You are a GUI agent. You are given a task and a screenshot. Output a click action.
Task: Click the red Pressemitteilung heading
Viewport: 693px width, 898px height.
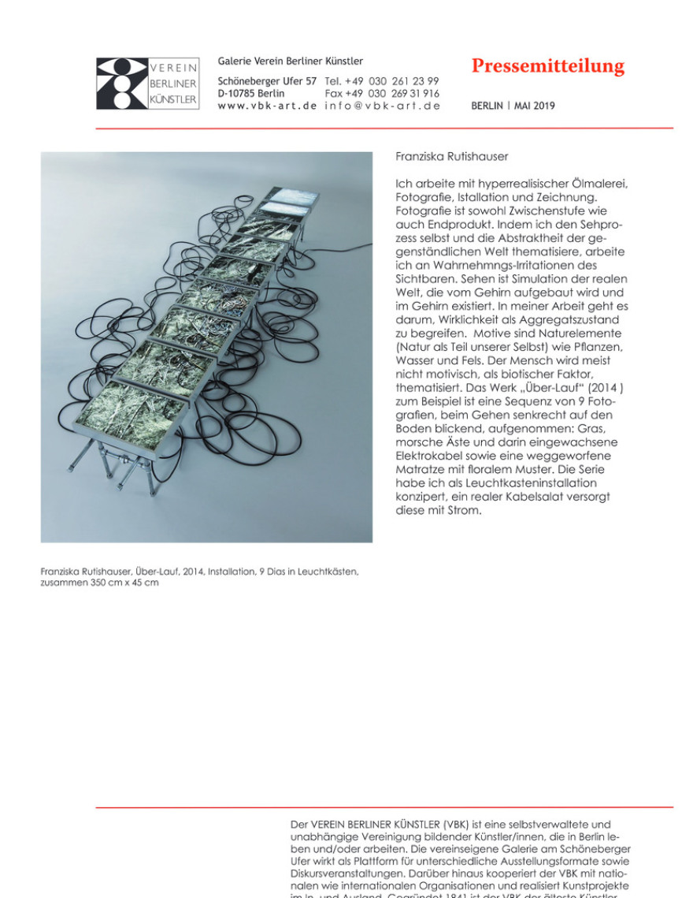(x=547, y=67)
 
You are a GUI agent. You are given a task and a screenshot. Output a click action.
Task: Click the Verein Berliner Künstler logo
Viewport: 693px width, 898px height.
(x=147, y=84)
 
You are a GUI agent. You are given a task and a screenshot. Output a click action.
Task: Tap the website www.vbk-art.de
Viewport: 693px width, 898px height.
(x=267, y=106)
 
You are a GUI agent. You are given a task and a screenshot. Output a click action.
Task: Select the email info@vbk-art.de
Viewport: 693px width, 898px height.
(x=382, y=106)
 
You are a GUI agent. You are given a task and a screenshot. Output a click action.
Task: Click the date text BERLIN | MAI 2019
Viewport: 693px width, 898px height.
(x=513, y=106)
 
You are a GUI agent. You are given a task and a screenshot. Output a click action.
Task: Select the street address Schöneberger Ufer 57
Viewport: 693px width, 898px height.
(x=267, y=81)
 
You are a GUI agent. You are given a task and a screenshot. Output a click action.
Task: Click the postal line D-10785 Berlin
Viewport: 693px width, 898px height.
(x=252, y=93)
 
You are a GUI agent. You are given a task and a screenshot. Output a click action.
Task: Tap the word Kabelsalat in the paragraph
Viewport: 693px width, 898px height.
(x=537, y=497)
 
